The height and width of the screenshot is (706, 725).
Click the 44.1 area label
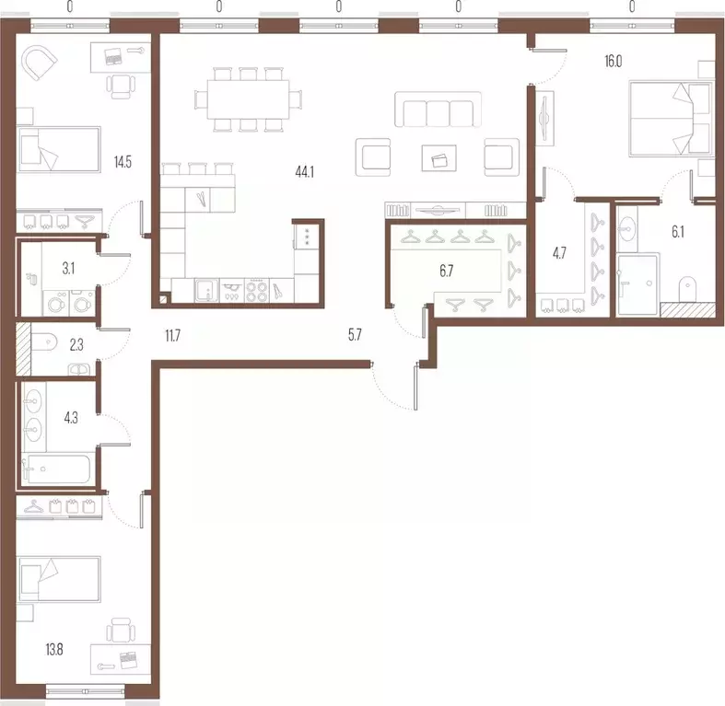pos(305,172)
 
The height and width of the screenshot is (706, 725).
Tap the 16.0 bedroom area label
pos(614,62)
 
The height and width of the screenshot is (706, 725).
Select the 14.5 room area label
pos(123,162)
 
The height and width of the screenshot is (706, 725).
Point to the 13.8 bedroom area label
pos(54,650)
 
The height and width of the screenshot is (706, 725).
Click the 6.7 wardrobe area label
pos(447,272)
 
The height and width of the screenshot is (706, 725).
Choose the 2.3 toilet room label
pos(76,344)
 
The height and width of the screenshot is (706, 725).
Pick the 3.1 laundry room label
pos(68,269)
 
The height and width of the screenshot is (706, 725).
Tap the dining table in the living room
pos(249,99)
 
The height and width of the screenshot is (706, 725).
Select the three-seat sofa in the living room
pos(438,109)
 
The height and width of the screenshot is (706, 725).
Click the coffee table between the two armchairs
pos(439,158)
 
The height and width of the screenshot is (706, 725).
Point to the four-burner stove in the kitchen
pos(257,290)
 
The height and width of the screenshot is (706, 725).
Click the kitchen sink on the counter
pos(206,290)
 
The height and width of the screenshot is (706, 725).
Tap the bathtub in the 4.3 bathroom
pos(57,469)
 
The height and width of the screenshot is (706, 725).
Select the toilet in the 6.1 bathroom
pos(688,290)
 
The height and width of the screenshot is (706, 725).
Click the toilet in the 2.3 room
pos(44,342)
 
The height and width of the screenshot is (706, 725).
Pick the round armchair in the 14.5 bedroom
pos(39,63)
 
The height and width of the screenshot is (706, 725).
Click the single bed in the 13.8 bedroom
pos(59,579)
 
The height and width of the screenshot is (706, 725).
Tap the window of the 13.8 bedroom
pos(87,691)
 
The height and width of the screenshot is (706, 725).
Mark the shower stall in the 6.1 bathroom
pos(637,284)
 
